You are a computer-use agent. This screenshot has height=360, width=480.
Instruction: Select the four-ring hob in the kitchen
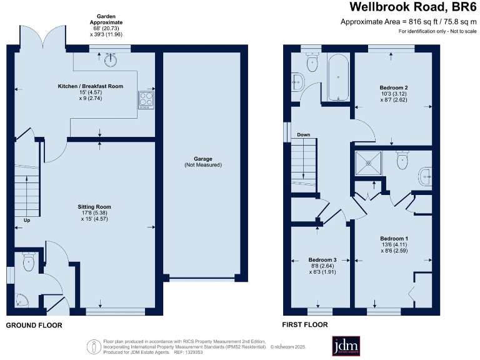(146, 99)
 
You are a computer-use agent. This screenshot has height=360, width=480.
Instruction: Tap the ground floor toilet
(28, 262)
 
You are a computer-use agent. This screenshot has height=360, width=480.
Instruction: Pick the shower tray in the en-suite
(367, 162)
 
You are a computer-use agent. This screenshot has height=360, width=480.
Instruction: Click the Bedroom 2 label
(394, 87)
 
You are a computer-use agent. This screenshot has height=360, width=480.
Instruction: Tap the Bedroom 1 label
(394, 238)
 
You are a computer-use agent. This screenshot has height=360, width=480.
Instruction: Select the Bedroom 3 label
(322, 259)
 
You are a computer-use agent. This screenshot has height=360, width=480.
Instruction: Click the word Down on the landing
(304, 135)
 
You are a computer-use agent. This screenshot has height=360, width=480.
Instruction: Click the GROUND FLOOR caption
(34, 326)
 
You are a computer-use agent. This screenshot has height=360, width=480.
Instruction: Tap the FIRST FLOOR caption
(305, 326)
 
